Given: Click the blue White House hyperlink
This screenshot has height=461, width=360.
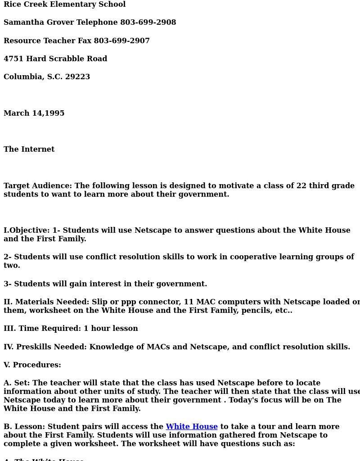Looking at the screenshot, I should click(191, 426).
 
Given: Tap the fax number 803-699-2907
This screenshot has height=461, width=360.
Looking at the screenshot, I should click(121, 41).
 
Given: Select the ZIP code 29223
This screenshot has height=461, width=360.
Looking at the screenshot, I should click(77, 77).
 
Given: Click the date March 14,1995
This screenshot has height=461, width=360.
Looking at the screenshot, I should click(34, 113).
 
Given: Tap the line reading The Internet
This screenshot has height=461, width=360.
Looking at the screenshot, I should click(29, 149).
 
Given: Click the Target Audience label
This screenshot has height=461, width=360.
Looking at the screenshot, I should click(37, 186).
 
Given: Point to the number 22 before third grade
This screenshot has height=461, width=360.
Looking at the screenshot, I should click(301, 186).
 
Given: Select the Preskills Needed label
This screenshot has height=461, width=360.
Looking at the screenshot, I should click(45, 347).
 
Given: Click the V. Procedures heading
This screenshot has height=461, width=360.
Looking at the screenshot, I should click(32, 365).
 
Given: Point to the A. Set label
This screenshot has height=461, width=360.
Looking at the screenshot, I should click(16, 383).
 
